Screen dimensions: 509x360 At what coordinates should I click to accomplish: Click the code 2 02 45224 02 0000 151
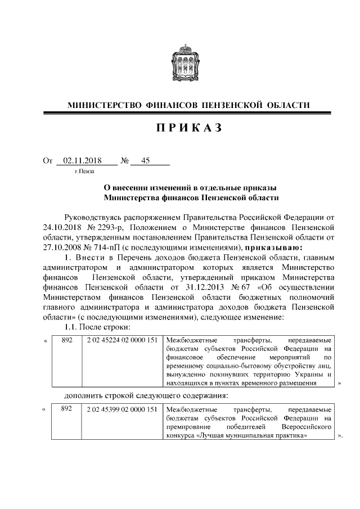pos(121,340)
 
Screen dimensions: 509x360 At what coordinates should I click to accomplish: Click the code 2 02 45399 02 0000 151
pos(121,408)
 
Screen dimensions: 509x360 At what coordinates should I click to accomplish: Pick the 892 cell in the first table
pos(67,340)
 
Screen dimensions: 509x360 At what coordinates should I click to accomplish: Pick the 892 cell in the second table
pos(67,408)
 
